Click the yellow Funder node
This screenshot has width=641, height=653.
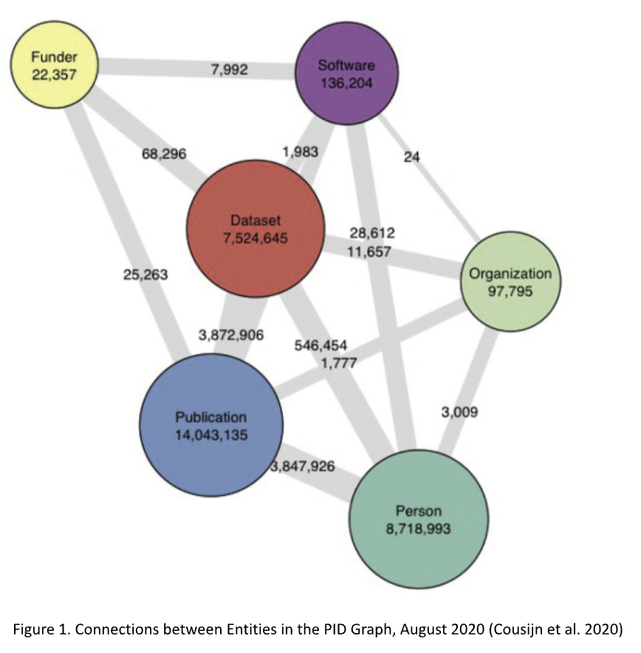(x=54, y=65)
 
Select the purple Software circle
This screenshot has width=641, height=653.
(x=346, y=74)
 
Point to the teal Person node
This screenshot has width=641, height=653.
(x=418, y=519)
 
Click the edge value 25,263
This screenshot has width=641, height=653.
(x=145, y=275)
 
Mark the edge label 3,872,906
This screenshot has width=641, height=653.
(x=233, y=335)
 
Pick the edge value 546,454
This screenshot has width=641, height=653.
(x=320, y=345)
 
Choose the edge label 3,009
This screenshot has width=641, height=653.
(x=459, y=412)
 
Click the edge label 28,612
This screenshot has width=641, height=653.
(x=372, y=233)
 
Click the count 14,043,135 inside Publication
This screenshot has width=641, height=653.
(x=211, y=434)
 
